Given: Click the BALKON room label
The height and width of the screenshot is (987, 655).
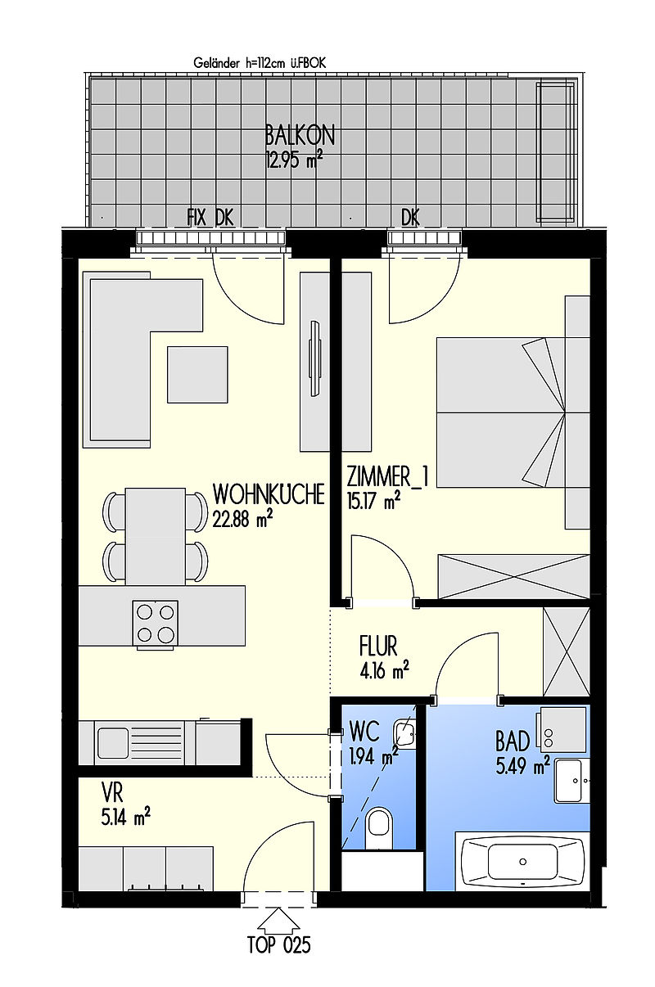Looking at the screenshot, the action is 300,135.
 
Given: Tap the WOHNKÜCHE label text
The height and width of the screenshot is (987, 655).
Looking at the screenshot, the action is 269,494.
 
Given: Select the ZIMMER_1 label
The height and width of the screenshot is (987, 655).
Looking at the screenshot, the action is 387,476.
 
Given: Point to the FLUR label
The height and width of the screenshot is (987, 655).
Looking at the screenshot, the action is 377,646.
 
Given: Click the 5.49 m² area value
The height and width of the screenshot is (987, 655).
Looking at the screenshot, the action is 522,766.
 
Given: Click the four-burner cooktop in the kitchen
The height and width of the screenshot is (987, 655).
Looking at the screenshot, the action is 156,623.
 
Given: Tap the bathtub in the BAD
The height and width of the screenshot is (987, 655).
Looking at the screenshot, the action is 522,862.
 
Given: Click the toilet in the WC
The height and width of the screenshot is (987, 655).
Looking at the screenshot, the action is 378,830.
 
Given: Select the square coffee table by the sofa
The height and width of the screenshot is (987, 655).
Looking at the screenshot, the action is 197,375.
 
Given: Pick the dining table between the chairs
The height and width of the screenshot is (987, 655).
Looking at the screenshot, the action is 156,537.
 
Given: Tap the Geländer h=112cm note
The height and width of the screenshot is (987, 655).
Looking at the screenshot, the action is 260,64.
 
